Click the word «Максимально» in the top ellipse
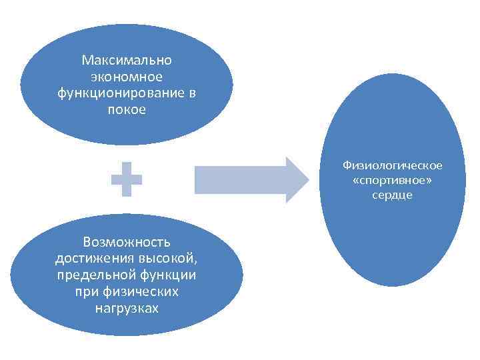pyautogui.click(x=127, y=61)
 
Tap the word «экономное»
pyautogui.click(x=127, y=77)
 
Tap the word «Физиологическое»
pyautogui.click(x=393, y=165)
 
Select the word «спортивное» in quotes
pyautogui.click(x=391, y=180)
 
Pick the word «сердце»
pyautogui.click(x=393, y=195)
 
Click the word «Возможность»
pyautogui.click(x=127, y=241)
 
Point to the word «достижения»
pyautogui.click(x=87, y=258)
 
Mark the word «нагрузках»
pyautogui.click(x=127, y=309)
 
